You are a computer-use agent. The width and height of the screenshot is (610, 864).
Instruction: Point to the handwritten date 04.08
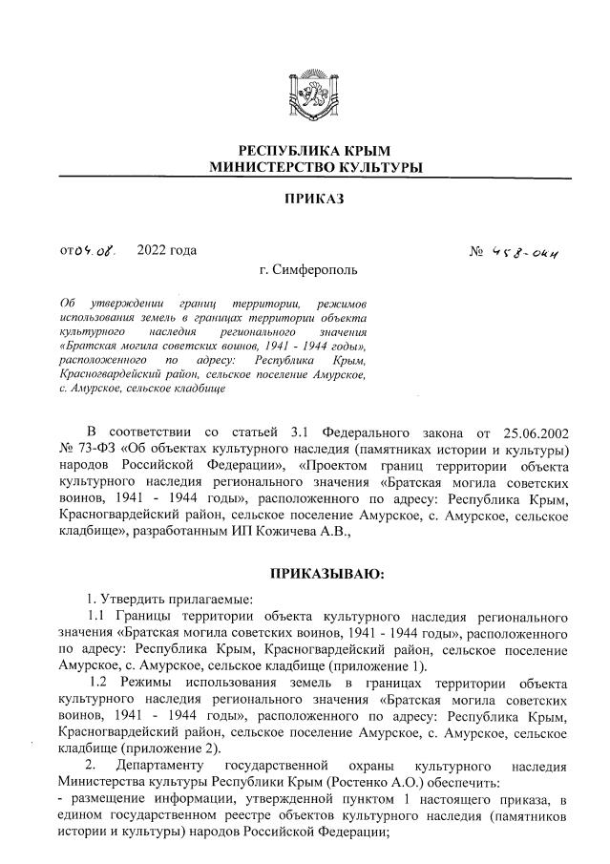click(98, 252)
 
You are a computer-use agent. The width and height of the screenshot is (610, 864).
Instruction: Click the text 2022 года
click(167, 251)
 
